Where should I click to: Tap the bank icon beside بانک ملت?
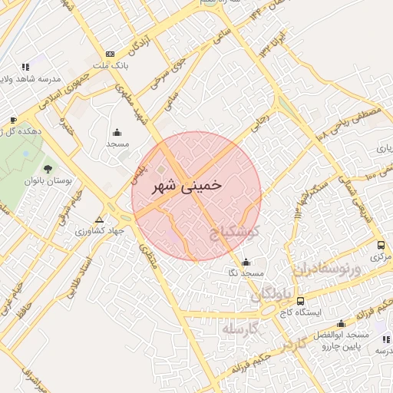[110, 54]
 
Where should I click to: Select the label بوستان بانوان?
[48, 181]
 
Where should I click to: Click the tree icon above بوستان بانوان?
[48, 168]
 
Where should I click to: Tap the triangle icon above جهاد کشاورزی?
[98, 219]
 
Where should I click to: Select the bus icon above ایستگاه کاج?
[299, 301]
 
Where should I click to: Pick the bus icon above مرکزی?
[381, 245]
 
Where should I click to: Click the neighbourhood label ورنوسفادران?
[325, 269]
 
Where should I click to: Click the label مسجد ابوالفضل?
[341, 336]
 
